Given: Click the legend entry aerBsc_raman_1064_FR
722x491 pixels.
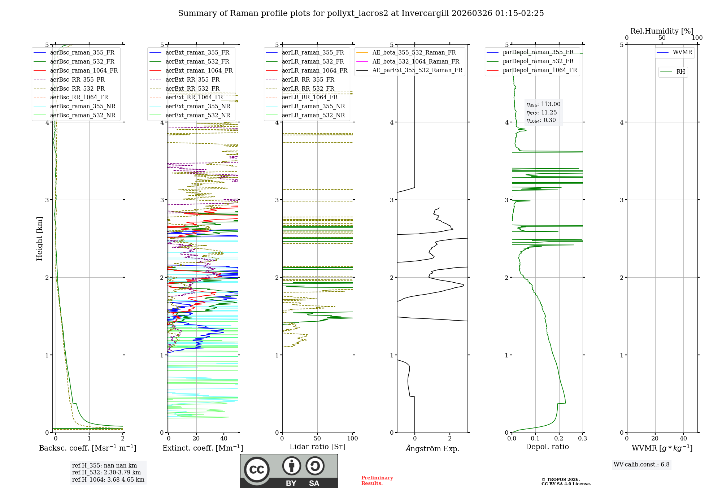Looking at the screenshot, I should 84,70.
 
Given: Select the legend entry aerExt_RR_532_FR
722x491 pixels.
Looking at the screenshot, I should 192,88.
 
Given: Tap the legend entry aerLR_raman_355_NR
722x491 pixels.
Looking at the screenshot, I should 313,106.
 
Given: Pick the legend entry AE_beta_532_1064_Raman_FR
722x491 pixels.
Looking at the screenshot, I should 416,61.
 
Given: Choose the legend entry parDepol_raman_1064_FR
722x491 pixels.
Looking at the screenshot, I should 540,70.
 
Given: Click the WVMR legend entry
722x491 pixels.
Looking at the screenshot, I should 682,52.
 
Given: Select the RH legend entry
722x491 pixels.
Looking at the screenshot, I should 680,72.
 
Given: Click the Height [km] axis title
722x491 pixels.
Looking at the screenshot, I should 39,239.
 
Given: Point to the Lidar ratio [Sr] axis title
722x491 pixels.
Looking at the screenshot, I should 317,447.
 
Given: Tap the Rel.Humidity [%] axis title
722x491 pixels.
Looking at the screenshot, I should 662,31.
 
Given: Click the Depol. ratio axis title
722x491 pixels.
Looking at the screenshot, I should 547,447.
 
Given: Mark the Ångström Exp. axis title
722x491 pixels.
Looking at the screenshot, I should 432,448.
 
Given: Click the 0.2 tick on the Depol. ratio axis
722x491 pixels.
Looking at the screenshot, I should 559,438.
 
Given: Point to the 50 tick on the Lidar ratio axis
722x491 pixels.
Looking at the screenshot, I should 317,438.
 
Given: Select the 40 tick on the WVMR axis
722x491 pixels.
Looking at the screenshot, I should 683,438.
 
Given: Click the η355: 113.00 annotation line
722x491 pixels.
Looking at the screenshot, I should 543,104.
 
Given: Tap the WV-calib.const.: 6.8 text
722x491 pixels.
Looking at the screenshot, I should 641,464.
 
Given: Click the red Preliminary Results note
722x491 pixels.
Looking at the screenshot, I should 377,480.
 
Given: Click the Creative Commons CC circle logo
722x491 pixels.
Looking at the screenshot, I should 257,469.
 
